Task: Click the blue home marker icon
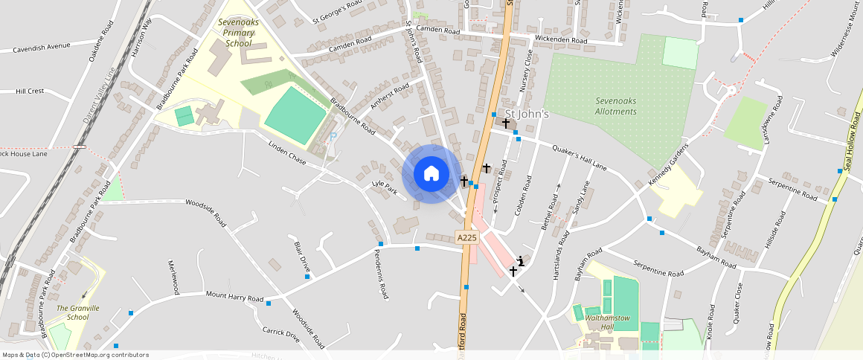(431, 174)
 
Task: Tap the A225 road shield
(466, 237)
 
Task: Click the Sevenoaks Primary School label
(238, 33)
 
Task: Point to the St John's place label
(527, 114)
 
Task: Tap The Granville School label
(78, 312)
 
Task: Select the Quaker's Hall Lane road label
(580, 158)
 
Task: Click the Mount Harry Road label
(234, 297)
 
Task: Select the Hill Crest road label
(31, 91)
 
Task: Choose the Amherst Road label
(390, 97)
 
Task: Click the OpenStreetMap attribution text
(75, 355)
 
